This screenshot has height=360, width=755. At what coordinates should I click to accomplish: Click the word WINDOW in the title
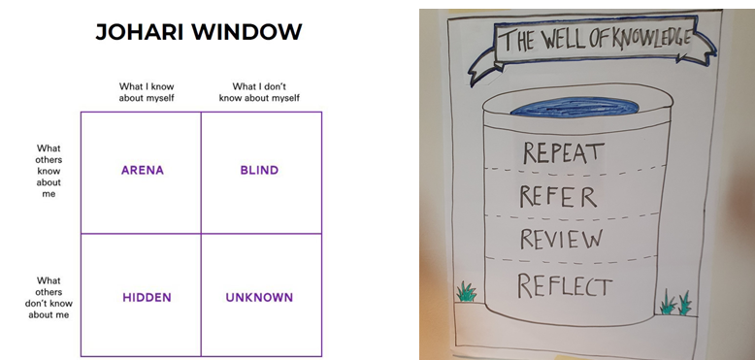[246, 32]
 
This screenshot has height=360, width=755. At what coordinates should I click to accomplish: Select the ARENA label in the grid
[143, 171]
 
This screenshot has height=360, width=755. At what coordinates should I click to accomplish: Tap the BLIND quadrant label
[259, 171]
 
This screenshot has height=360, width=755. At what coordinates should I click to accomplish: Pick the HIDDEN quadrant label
[147, 298]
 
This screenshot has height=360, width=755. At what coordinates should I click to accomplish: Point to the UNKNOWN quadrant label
[259, 298]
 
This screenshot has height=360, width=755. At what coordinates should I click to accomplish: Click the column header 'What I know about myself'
[147, 92]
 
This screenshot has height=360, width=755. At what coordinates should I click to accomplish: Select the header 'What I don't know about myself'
[259, 92]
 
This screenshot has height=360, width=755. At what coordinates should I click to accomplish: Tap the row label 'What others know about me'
[49, 171]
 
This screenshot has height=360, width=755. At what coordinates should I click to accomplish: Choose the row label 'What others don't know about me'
[49, 298]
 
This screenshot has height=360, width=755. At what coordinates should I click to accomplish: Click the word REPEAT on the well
[563, 152]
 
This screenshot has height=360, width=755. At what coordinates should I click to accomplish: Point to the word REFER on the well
[558, 196]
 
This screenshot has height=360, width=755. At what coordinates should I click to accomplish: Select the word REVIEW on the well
[561, 239]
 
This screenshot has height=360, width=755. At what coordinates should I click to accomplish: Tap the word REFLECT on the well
[565, 285]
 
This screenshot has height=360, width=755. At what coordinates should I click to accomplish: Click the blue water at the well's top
[574, 107]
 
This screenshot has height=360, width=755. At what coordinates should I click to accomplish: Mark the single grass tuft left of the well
[466, 292]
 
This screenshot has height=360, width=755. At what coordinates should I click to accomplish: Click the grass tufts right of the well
[676, 303]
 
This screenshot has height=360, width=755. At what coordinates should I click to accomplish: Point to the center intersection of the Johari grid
[201, 234]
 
